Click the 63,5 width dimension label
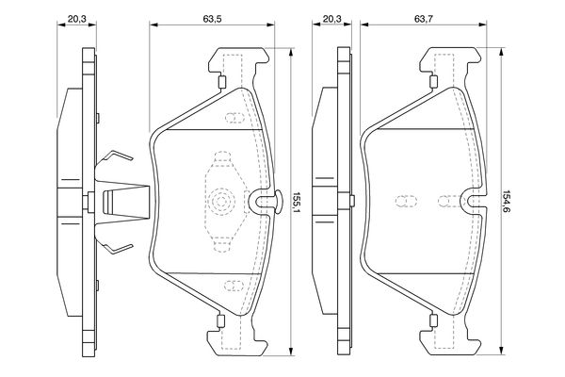click(212, 19)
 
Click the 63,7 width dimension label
click(424, 19)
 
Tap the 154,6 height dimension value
click(507, 202)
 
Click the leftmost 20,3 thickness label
click(77, 19)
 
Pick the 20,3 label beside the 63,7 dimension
click(331, 19)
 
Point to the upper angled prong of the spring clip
click(119, 156)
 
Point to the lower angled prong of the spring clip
click(119, 249)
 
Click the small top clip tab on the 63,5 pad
click(221, 82)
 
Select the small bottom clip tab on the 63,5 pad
click(220, 320)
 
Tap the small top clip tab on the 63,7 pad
click(434, 82)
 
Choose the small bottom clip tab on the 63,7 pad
click(433, 320)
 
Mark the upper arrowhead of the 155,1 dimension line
click(291, 52)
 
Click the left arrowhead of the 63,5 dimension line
click(153, 25)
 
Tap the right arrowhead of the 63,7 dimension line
click(482, 25)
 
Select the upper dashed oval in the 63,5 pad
click(234, 118)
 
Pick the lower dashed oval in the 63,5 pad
click(234, 286)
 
